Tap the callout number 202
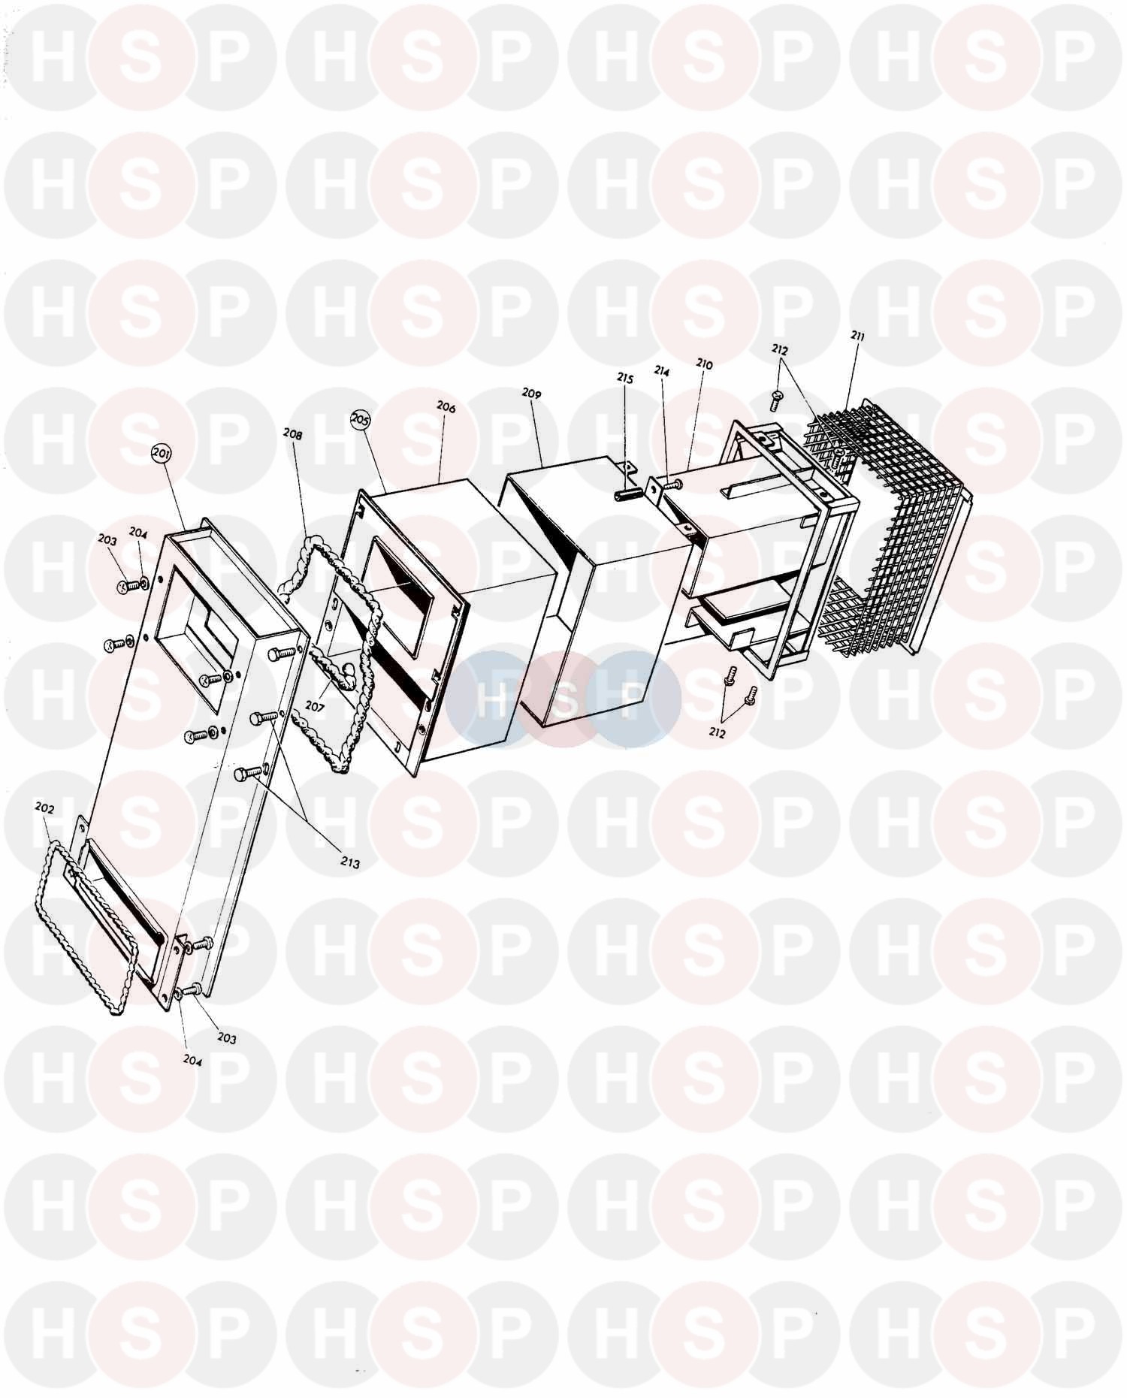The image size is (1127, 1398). coord(45,808)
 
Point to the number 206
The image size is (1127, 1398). coord(446,407)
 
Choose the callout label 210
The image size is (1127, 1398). coord(704,364)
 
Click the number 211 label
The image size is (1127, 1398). coord(857,337)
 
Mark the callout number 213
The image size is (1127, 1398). coord(349,863)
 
